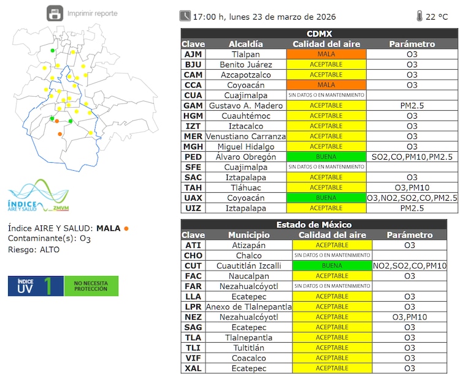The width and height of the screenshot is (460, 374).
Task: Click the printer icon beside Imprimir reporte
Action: pyautogui.click(x=55, y=13)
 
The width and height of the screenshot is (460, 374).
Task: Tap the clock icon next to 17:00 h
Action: pyautogui.click(x=185, y=16)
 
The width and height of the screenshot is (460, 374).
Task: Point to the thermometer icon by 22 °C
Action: pyautogui.click(x=420, y=16)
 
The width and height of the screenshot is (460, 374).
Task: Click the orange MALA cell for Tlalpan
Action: pyautogui.click(x=326, y=54)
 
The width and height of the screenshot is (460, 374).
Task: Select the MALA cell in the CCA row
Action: pyautogui.click(x=326, y=85)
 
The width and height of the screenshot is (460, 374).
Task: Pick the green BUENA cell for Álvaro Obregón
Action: pyautogui.click(x=326, y=157)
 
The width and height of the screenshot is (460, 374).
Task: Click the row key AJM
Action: pyautogui.click(x=193, y=54)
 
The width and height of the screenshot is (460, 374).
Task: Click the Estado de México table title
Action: pyautogui.click(x=313, y=225)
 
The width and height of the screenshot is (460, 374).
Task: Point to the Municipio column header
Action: pyautogui.click(x=249, y=235)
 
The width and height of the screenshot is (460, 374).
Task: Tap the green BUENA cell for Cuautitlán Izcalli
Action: pyautogui.click(x=332, y=266)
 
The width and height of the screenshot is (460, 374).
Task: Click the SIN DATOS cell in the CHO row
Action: pyautogui.click(x=332, y=255)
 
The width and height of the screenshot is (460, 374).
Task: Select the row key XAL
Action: pyautogui.click(x=193, y=368)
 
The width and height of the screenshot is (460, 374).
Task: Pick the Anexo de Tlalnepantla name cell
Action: pyautogui.click(x=249, y=307)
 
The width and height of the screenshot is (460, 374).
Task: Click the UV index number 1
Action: pyautogui.click(x=56, y=286)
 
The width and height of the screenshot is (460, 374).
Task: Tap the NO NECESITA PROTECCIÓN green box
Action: pyautogui.click(x=91, y=286)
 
